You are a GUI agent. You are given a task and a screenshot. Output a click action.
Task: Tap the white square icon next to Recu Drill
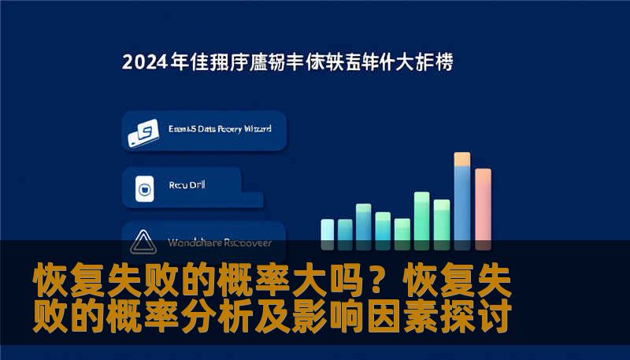pos(143,189)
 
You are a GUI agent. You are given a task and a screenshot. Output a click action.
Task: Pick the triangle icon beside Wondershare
pos(143,241)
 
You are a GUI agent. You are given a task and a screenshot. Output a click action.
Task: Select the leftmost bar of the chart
pos(328,231)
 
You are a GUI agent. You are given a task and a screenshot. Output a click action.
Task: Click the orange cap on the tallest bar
pos(462,159)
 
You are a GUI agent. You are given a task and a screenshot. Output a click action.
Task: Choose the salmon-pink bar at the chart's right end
pos(483,206)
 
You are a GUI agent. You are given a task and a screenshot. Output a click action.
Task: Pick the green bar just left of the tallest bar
pos(442,221)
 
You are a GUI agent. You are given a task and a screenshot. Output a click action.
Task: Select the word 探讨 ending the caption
pos(483,317)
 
